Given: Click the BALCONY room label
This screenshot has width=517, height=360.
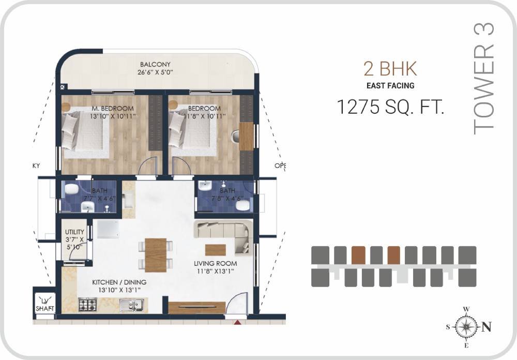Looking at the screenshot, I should click(x=156, y=65).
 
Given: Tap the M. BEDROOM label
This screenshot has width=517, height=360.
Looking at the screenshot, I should click(x=112, y=109).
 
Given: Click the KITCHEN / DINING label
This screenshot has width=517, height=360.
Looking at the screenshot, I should click(x=119, y=282).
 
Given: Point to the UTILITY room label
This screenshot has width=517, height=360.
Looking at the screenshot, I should click(x=74, y=232).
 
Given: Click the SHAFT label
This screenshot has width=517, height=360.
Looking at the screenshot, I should click(x=45, y=308).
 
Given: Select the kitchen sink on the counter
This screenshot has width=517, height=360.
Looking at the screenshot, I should click(x=128, y=306).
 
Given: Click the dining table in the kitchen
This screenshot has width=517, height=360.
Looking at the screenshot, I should click(x=156, y=254).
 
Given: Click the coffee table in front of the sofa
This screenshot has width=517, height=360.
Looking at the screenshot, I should click(x=216, y=250).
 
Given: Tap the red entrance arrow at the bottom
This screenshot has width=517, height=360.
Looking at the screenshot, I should click(x=237, y=322).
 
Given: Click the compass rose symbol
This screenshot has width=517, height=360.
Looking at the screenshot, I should click(x=467, y=326).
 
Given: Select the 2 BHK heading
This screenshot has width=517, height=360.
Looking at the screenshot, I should click(x=390, y=69).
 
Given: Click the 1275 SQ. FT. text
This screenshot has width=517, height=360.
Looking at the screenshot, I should click(x=390, y=107).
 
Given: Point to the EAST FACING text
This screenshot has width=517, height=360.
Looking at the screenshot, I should click(x=390, y=85).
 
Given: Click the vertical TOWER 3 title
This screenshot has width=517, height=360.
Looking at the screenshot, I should click(x=484, y=79).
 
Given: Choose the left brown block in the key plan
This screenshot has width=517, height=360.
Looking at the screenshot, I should click(x=358, y=254).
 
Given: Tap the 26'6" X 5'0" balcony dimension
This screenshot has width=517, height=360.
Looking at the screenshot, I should click(x=156, y=72).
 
